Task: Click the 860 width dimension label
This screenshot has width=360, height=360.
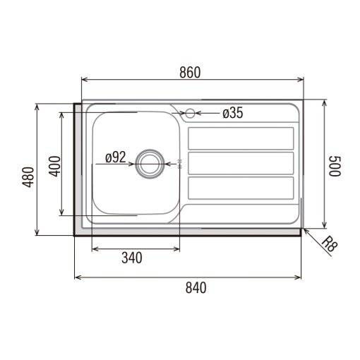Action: coord(190,72)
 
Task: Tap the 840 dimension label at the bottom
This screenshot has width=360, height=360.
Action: coord(196,287)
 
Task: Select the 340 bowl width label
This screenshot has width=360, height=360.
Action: coord(132,258)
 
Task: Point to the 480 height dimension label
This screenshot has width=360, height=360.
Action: coord(28,177)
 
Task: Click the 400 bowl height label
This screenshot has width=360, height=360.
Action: coord(54,166)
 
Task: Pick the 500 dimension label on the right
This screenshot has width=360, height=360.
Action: coord(335,166)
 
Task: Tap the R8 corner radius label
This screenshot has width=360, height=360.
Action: coord(330,244)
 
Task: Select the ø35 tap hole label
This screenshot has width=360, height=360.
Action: coord(233,113)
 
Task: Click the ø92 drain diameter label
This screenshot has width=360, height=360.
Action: coord(116,157)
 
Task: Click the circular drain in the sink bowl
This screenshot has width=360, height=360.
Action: coord(150,164)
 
